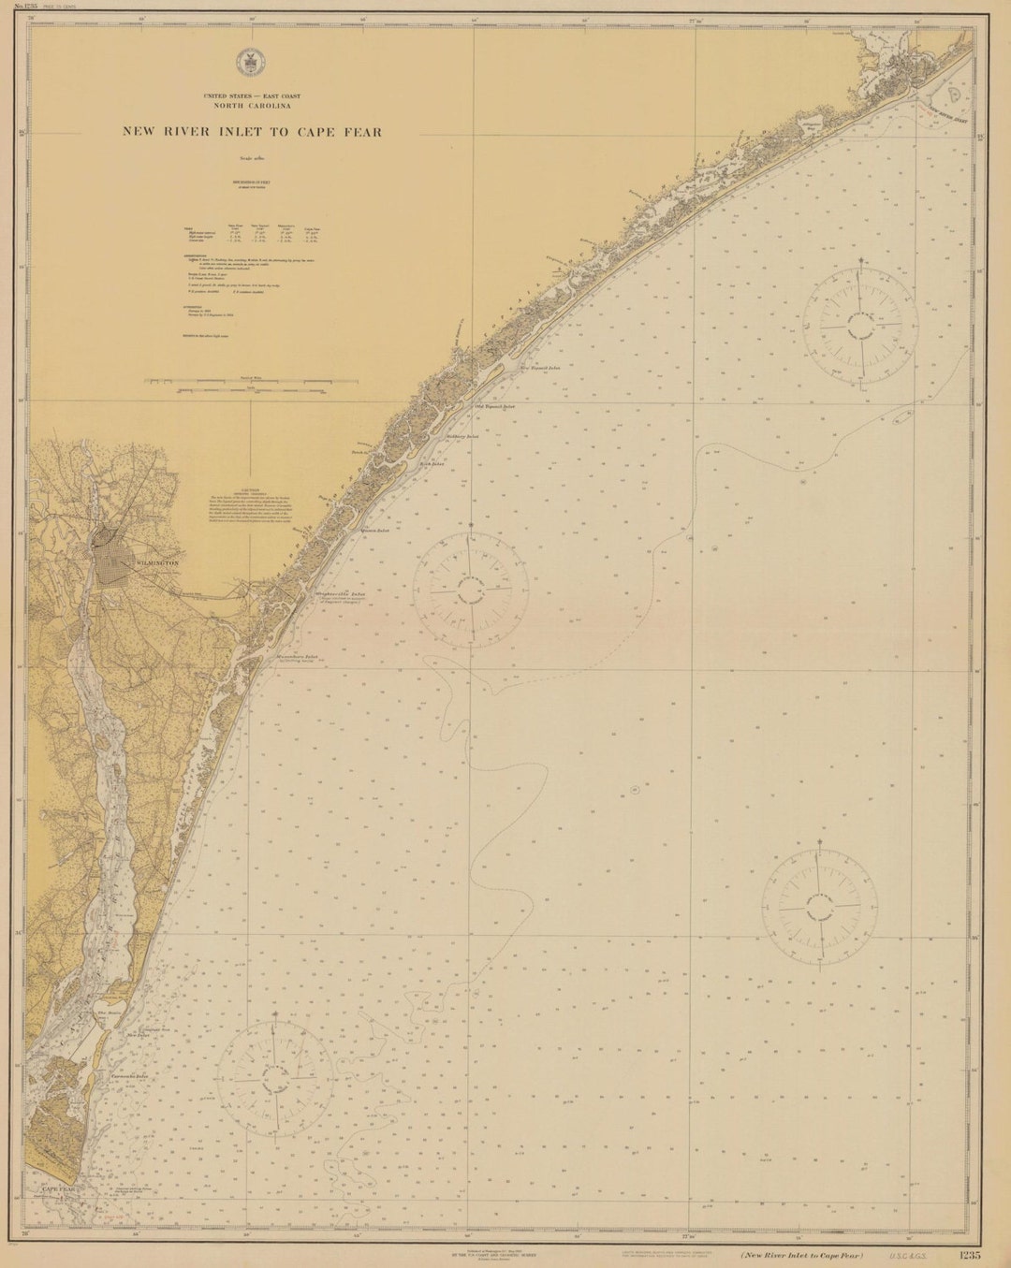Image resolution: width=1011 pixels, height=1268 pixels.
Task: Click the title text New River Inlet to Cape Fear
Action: (x=252, y=132)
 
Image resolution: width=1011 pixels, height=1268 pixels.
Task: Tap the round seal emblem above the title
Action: (x=249, y=62)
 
